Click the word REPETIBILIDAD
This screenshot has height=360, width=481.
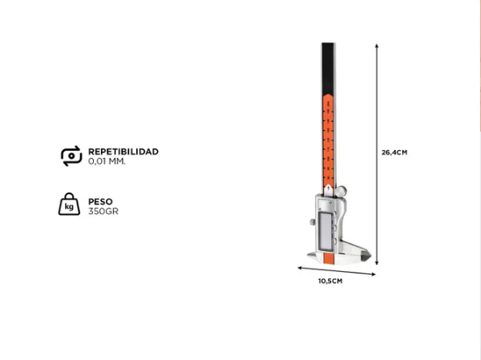pos(123,152)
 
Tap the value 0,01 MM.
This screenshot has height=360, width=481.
pos(107,161)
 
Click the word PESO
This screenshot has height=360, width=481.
pos(100,201)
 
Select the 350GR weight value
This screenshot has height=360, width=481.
pos(103,212)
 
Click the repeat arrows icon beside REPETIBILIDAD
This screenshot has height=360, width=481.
pos(71,156)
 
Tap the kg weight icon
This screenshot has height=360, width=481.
pos(69,204)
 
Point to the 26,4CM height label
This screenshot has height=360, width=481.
pos(394,152)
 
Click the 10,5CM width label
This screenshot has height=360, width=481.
pos(330,281)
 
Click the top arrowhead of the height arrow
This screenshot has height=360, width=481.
pos(377,46)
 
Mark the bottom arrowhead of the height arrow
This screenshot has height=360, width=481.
pos(377,263)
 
